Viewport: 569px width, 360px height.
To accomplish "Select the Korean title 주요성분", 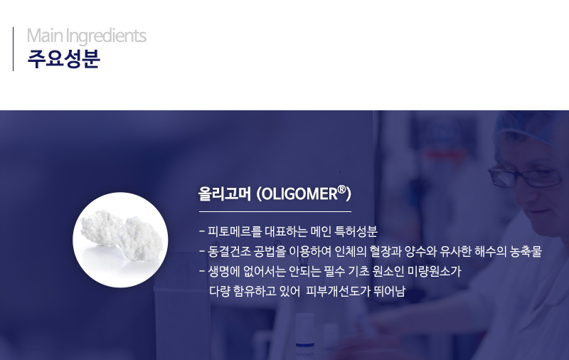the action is pyautogui.click(x=63, y=59).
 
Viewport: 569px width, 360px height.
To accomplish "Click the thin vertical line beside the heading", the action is pyautogui.click(x=13, y=49).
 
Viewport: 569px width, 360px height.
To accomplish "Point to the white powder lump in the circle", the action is pyautogui.click(x=121, y=236).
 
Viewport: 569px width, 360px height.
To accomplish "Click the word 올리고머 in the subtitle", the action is pyautogui.click(x=225, y=194).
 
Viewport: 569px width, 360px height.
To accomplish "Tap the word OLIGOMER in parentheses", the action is pyautogui.click(x=299, y=194).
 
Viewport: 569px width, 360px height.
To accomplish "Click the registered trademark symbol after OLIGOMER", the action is pyautogui.click(x=341, y=189).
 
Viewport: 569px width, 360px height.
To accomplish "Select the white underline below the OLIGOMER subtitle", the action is pyautogui.click(x=275, y=211).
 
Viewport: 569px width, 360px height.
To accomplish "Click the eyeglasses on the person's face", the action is pyautogui.click(x=525, y=176).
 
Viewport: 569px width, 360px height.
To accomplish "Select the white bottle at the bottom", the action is pyautogui.click(x=304, y=336).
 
